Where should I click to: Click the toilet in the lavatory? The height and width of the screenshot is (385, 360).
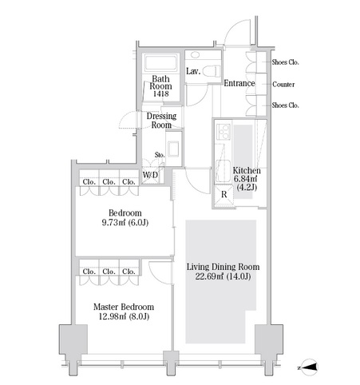click(x=212, y=71)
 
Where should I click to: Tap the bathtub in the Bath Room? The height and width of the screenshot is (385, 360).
click(x=160, y=63)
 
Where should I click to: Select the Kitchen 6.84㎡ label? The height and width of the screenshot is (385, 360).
click(x=247, y=175)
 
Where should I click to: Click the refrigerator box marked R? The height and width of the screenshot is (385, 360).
click(x=224, y=194)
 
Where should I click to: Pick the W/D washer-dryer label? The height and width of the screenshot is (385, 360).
click(x=150, y=175)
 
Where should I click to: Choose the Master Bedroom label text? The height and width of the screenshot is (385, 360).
click(x=124, y=307)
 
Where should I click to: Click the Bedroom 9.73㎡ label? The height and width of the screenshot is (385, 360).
click(x=125, y=217)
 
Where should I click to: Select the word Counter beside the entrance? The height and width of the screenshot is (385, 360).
click(x=283, y=85)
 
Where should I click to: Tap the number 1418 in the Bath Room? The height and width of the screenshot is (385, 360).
click(x=160, y=93)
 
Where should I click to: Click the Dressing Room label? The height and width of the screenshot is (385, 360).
click(x=161, y=121)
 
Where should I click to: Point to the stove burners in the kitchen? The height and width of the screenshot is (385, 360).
click(x=224, y=132)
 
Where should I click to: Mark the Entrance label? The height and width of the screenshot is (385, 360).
click(x=239, y=83)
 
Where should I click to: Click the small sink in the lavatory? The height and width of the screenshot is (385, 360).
click(x=196, y=54)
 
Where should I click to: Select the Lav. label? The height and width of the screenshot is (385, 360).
click(x=193, y=71)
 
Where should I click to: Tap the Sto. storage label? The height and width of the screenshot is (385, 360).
click(x=160, y=155)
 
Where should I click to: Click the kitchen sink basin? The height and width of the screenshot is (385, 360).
click(x=224, y=171)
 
